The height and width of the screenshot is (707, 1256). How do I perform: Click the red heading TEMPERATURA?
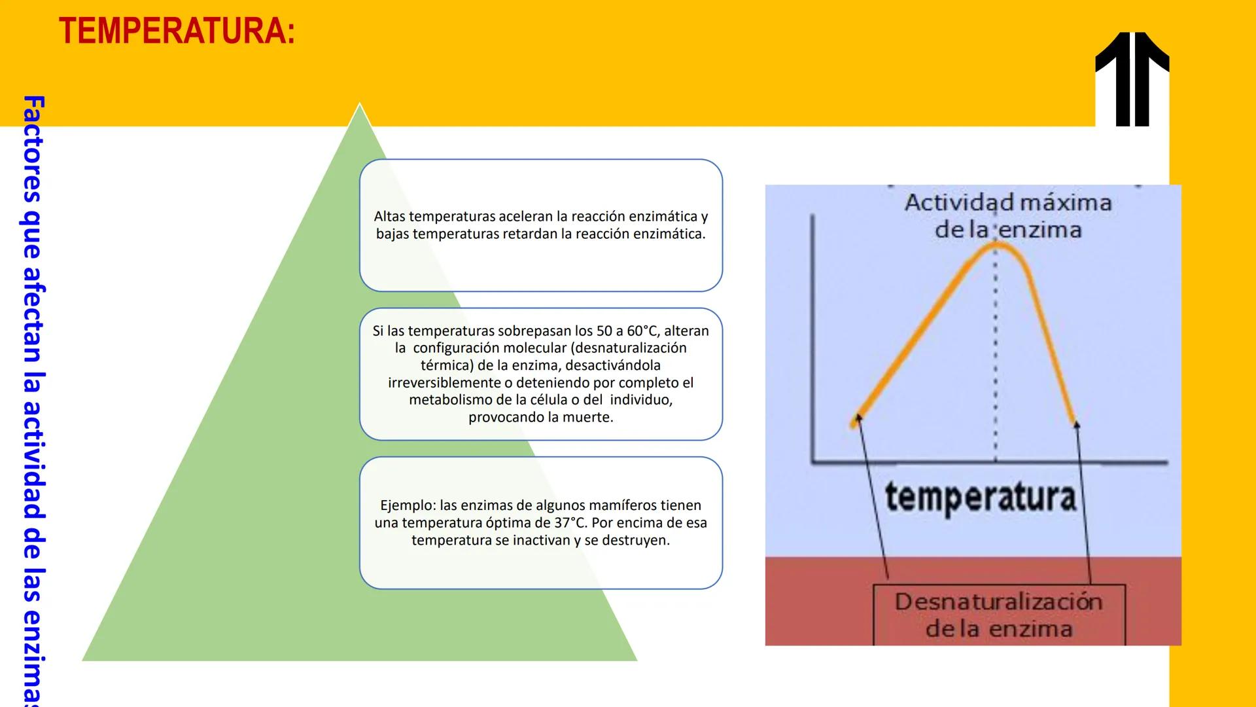177,31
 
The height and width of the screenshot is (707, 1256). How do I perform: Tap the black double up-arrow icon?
1132,79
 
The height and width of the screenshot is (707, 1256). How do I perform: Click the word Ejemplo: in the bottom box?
408,505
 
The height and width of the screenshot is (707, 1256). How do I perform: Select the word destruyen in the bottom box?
634,541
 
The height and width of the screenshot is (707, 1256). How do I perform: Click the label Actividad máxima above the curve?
1007,202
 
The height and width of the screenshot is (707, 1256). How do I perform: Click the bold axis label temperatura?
979,498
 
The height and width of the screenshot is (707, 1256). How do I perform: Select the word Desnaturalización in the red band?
998,602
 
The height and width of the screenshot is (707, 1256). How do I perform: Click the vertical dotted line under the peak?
996,360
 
